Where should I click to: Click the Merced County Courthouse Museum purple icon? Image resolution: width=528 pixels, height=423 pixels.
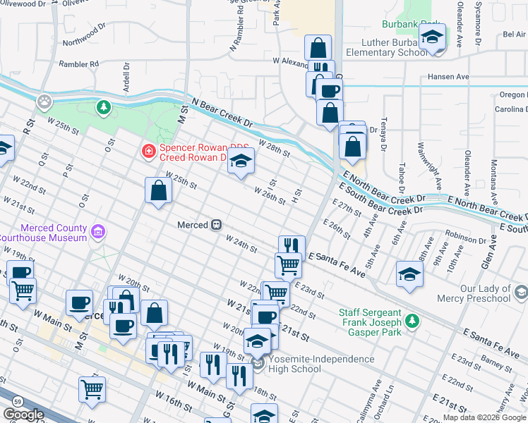point(98,231)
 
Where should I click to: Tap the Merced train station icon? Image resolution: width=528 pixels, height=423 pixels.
point(217,225)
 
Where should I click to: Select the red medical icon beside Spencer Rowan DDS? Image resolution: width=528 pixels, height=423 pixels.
point(148,149)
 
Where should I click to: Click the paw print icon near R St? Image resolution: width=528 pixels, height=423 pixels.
point(45,102)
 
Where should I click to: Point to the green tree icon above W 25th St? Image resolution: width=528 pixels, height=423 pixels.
point(104,107)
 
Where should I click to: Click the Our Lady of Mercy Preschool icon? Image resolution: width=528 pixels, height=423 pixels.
point(521,292)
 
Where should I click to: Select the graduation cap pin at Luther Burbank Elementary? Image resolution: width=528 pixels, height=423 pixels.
point(432,38)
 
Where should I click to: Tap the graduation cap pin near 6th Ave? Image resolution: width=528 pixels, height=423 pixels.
point(409,274)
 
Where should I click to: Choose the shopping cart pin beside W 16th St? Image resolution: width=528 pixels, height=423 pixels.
point(92,389)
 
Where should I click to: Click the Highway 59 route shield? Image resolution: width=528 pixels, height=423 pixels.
point(17,400)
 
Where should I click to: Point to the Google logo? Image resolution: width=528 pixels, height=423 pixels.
point(24,415)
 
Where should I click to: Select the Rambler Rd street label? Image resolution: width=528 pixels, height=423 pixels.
point(78,64)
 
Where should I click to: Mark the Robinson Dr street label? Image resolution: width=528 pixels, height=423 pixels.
point(466,240)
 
